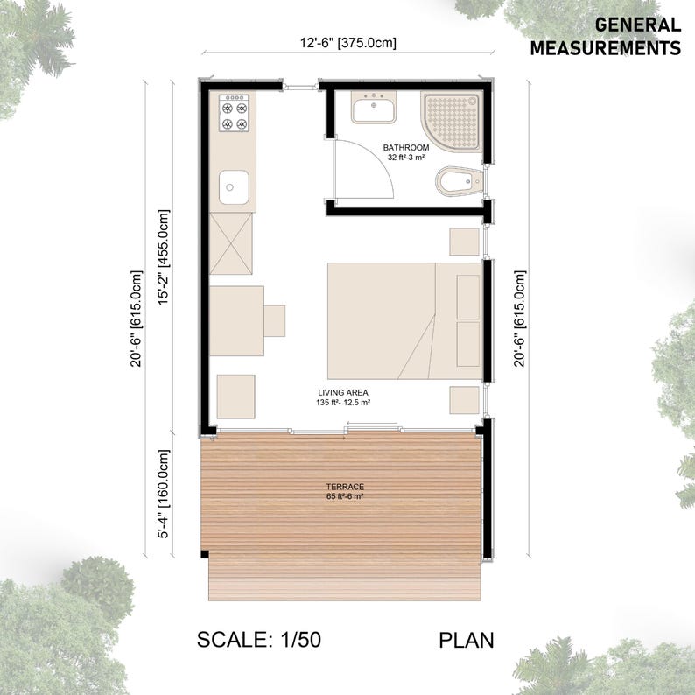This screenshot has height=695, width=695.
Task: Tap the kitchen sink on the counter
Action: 233,186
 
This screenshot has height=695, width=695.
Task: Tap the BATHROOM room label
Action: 406,147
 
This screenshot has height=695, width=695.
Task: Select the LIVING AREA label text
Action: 342,392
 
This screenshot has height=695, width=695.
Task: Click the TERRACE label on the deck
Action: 347,487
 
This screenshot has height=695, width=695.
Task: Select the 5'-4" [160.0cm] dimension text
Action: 162,495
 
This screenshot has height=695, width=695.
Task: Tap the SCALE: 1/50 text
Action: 259,640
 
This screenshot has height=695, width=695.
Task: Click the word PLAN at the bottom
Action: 466,640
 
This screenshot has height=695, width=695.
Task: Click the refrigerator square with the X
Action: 231,244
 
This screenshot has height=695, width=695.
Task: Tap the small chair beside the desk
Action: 275,320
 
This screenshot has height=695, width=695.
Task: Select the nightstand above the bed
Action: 465,241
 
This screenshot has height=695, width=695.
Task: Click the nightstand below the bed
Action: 465,399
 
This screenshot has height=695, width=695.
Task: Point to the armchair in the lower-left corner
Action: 235,397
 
